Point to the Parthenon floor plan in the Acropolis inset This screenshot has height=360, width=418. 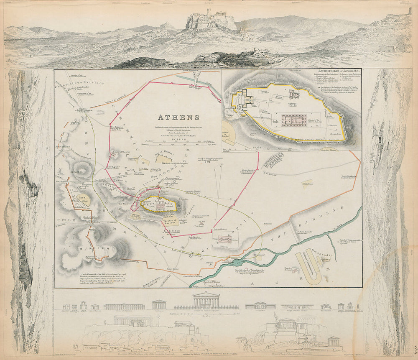[293, 120]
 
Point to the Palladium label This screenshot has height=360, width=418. [307, 183]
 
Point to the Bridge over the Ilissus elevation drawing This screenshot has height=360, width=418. [297, 306]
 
